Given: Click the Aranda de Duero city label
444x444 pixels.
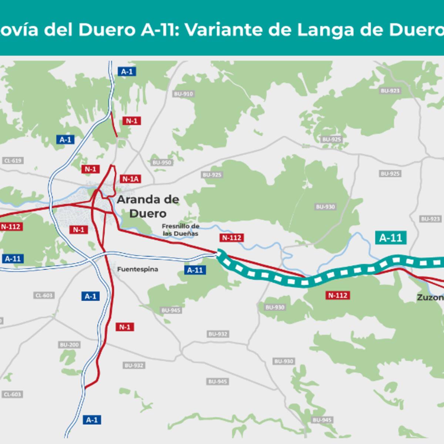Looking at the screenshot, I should tap(148, 206).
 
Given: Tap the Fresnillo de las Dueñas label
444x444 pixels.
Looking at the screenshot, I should tap(181, 230).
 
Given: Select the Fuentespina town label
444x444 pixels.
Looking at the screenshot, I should tap(138, 269).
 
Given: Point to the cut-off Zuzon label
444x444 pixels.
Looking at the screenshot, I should tap(430, 297).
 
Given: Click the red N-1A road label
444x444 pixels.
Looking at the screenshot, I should tap(131, 179).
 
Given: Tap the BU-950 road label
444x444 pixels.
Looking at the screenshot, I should tap(162, 162).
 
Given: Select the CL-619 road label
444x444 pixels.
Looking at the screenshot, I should tap(13, 161).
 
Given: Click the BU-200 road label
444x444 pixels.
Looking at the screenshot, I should tap(70, 345).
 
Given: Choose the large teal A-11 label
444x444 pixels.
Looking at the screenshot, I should tap(391, 238).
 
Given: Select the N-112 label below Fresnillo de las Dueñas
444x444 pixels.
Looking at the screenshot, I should tap(232, 238).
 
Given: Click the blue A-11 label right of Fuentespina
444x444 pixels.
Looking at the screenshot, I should tap(195, 270).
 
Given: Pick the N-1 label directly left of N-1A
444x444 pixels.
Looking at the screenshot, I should tap(91, 169).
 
